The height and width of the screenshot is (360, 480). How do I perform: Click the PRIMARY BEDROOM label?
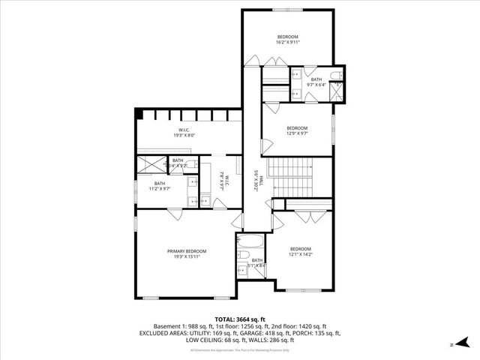pos(187,251)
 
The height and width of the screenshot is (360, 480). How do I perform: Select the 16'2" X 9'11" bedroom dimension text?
pos(288,43)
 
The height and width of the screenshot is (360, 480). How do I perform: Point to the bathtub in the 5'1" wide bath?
pos(249,244)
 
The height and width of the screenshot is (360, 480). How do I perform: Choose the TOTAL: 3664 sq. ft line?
pos(239,319)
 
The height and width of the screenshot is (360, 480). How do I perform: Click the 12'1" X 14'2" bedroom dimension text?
pos(300,255)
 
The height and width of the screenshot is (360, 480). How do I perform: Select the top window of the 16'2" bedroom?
pos(288,11)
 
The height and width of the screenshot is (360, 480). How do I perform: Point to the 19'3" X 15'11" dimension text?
pos(187,256)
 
